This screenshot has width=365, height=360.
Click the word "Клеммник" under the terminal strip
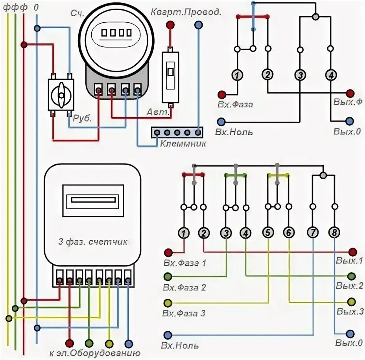[183, 144]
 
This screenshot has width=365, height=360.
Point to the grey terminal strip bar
[178, 132]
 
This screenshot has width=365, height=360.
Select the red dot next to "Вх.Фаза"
[222, 94]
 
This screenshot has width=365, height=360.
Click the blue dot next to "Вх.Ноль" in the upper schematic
[222, 121]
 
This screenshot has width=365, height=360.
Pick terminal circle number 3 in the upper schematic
[300, 75]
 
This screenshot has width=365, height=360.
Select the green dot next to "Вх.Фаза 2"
[168, 277]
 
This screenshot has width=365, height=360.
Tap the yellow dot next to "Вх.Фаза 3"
[168, 303]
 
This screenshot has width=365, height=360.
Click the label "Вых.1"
[349, 260]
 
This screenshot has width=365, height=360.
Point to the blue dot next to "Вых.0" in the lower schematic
[350, 332]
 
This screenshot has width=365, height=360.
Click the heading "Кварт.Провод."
[186, 11]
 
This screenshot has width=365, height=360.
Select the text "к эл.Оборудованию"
[95, 353]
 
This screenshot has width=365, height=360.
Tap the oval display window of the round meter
[116, 32]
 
